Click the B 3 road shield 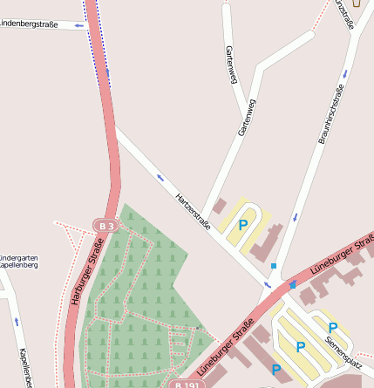point(105,226)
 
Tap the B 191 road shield point(186,384)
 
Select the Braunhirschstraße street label point(332,113)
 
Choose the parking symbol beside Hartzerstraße point(243,224)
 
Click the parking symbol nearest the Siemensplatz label point(332,328)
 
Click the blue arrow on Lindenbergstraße point(79,25)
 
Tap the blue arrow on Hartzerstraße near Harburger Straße point(160,178)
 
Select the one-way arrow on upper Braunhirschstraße point(344,73)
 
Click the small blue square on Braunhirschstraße point(274,265)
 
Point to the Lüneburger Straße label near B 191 point(226,347)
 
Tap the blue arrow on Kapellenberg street point(16,322)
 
